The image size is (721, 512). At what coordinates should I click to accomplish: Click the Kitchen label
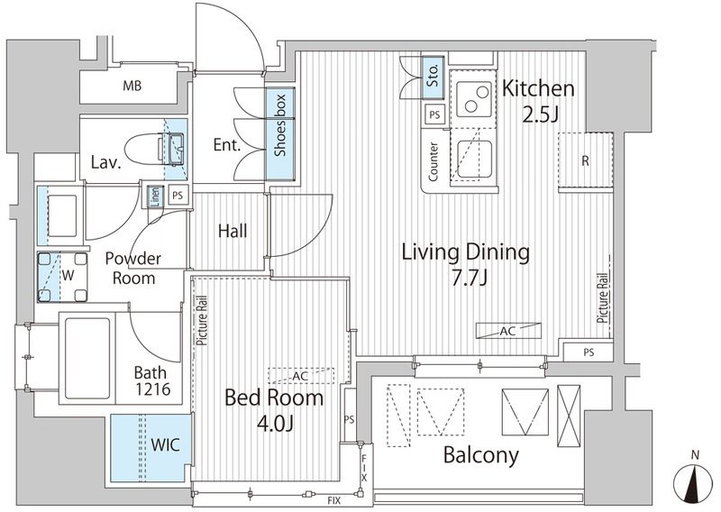538,88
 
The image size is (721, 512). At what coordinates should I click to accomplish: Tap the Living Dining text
466,252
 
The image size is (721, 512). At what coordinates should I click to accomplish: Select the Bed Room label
274,398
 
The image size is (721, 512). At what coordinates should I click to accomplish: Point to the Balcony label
481,455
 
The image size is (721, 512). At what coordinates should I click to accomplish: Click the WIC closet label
166,444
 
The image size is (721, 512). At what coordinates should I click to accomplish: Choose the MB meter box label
132,86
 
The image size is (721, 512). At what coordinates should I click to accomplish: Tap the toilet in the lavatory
155,150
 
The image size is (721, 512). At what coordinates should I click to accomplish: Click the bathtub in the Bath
87,359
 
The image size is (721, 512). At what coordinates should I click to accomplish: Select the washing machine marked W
62,277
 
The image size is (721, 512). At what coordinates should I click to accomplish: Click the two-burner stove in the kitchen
474,99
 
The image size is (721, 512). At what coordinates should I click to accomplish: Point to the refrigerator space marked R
585,161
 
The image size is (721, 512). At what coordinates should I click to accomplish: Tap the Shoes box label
280,125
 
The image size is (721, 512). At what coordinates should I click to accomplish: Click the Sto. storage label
433,76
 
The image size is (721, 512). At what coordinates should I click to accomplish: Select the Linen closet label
155,197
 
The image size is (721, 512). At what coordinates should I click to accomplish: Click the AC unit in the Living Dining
508,331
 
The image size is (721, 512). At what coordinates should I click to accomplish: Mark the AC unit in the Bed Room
301,376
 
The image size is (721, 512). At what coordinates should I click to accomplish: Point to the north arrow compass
695,482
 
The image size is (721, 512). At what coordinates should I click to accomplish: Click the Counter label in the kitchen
434,161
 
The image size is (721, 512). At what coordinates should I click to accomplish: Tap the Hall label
233,231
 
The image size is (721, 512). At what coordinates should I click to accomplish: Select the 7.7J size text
469,279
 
